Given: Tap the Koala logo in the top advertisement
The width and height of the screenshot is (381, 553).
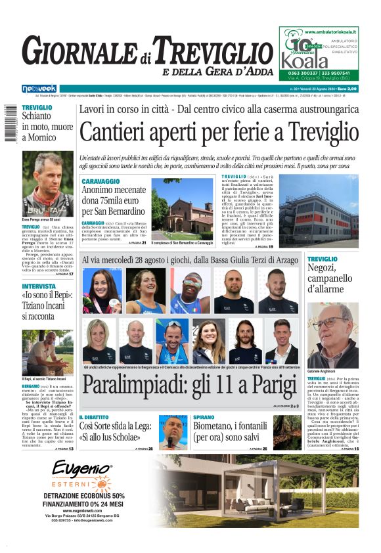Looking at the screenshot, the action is (x=305, y=60).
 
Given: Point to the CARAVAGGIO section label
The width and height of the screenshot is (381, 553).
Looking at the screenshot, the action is (x=101, y=181).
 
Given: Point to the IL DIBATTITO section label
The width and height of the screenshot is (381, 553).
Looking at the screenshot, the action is (x=99, y=417).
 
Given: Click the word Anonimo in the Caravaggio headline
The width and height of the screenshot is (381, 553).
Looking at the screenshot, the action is (x=103, y=190).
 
